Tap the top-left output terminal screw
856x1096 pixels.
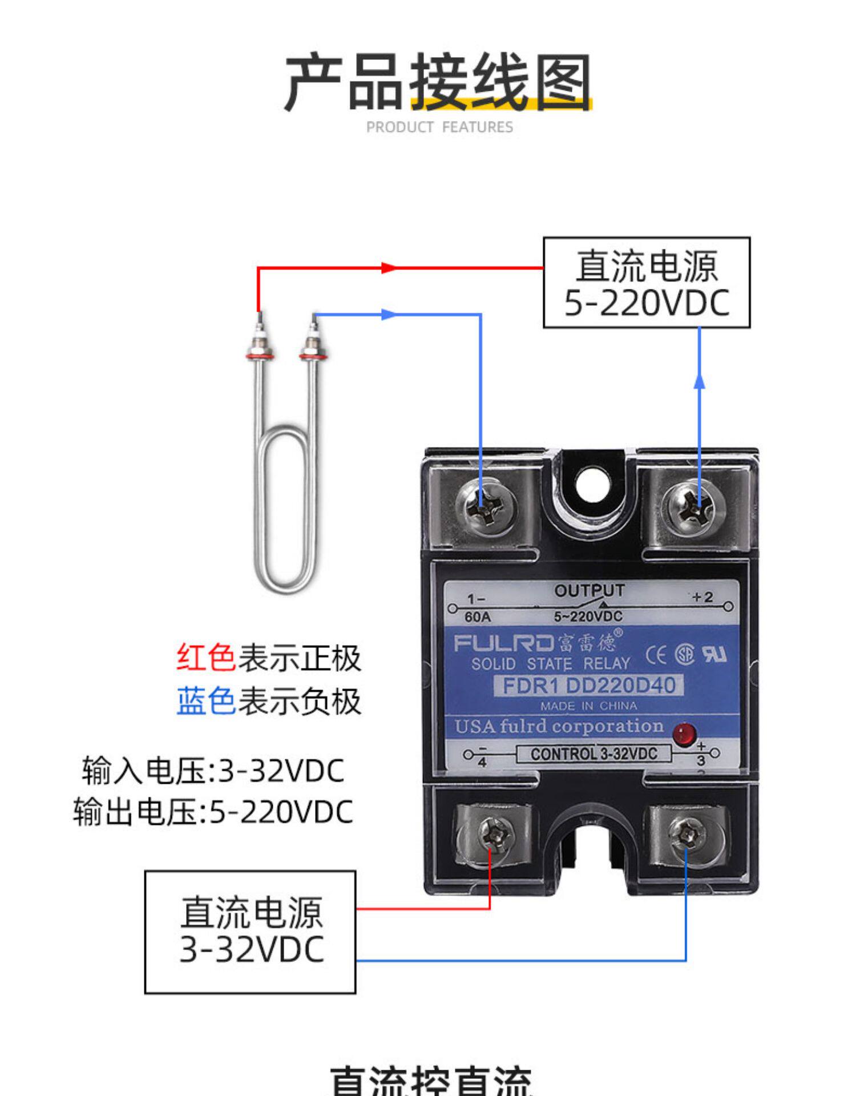pos(490,506)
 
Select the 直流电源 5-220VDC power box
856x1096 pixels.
pos(646,283)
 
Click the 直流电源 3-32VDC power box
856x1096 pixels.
pos(251,932)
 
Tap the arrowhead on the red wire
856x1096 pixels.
pos(388,268)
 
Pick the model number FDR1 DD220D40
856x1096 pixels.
pos(588,686)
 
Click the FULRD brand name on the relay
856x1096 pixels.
pos(503,644)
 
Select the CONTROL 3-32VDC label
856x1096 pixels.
pos(593,754)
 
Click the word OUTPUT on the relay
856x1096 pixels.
pos(589,591)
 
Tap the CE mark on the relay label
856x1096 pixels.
pos(656,656)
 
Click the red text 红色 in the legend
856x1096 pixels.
pos(206,658)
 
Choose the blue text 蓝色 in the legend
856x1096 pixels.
pos(206,701)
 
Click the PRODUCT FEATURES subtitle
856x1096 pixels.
pos(439,127)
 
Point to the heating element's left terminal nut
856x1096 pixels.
pos(260,349)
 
